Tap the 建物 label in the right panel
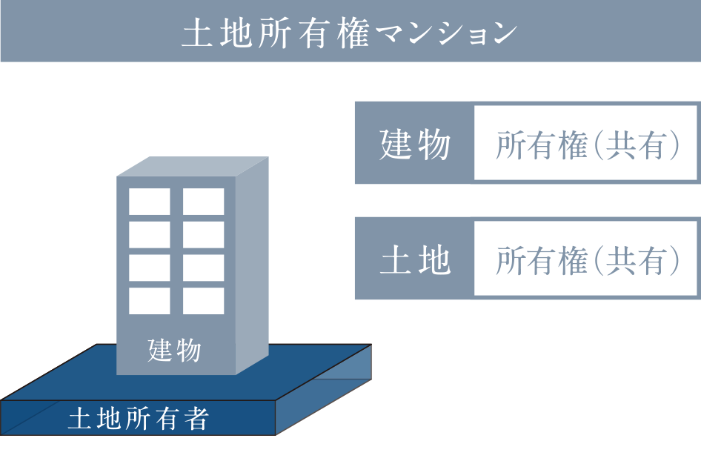coord(414,145)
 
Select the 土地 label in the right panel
coord(414,260)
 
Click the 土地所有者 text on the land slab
coord(138,420)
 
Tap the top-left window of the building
coord(149,202)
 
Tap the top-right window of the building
coord(204,202)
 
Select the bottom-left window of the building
coord(149,300)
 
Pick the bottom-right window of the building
coord(204,300)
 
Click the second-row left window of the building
coord(149,234)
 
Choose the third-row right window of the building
coord(204,268)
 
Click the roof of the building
coord(190,167)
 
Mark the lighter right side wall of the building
coord(252,267)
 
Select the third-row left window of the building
coord(149,268)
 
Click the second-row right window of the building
coord(204,234)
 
